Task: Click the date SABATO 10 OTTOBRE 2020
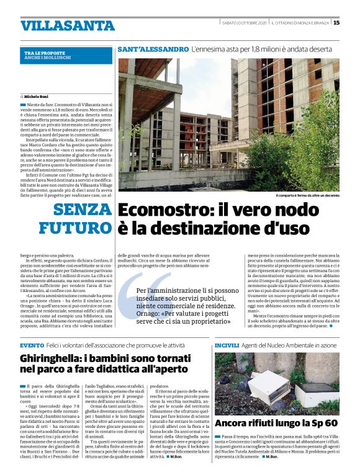click(244, 23)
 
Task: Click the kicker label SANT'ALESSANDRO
click(153, 48)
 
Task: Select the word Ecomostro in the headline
click(163, 211)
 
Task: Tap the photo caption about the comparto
click(307, 195)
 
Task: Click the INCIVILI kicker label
click(227, 345)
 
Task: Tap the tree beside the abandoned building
click(310, 143)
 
